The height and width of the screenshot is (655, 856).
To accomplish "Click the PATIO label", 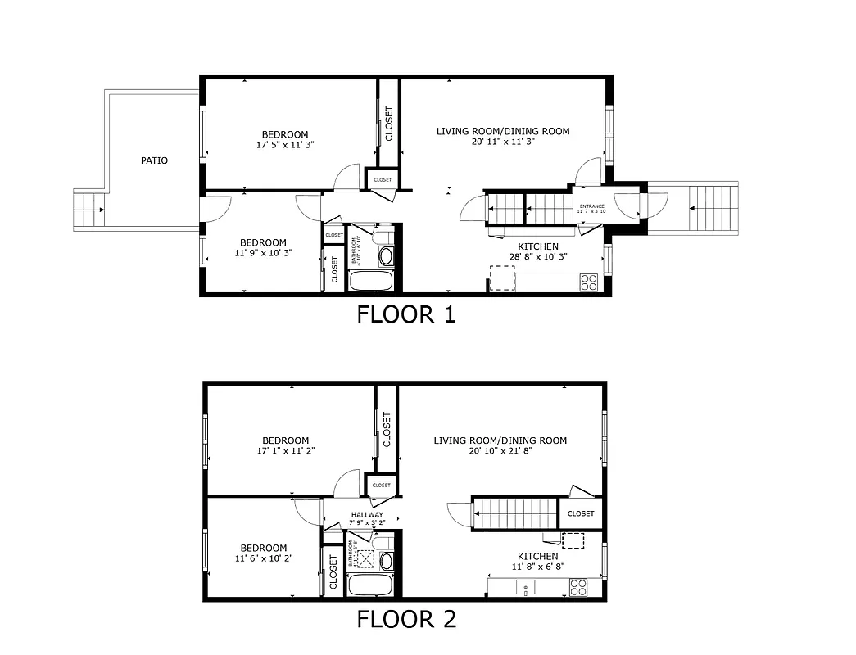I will pyautogui.click(x=154, y=160).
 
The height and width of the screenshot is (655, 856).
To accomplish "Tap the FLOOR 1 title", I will pyautogui.click(x=405, y=314).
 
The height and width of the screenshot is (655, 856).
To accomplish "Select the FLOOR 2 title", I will pyautogui.click(x=405, y=619).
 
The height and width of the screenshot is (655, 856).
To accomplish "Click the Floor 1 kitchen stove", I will pyautogui.click(x=589, y=282).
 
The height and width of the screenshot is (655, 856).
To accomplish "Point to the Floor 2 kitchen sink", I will pyautogui.click(x=525, y=587).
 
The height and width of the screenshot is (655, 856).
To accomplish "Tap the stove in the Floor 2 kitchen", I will pyautogui.click(x=578, y=587).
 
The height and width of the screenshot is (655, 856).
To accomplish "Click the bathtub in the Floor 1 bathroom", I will pyautogui.click(x=372, y=282).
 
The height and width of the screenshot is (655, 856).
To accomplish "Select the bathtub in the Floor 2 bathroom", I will pyautogui.click(x=372, y=586).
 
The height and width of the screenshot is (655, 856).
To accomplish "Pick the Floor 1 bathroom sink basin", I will pyautogui.click(x=386, y=256).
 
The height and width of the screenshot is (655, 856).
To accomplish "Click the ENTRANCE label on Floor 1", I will pyautogui.click(x=591, y=206).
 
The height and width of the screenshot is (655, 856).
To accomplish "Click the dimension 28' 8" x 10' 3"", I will pyautogui.click(x=538, y=256).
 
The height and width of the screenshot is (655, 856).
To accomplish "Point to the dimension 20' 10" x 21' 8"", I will pyautogui.click(x=500, y=451).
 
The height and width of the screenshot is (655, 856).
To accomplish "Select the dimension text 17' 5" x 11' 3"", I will pyautogui.click(x=285, y=145).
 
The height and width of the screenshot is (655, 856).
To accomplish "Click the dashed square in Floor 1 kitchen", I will pyautogui.click(x=502, y=278).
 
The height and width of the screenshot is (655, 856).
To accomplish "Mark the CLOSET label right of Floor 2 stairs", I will pyautogui.click(x=581, y=514).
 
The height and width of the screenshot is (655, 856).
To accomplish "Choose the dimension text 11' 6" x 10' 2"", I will pyautogui.click(x=263, y=558).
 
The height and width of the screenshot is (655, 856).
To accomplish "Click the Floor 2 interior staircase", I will pyautogui.click(x=514, y=513).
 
